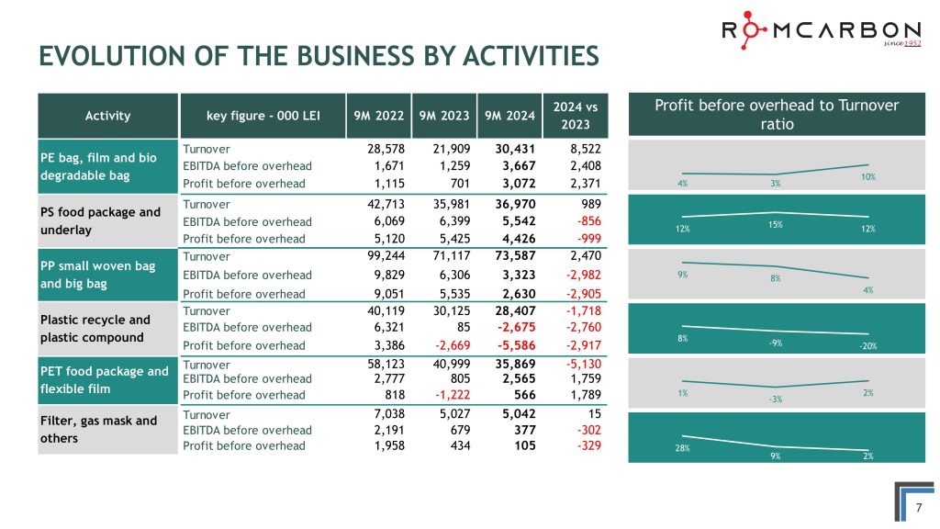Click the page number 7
(919, 508)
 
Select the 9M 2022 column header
(378, 116)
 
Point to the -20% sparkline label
(867, 346)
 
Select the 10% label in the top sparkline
(867, 176)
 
